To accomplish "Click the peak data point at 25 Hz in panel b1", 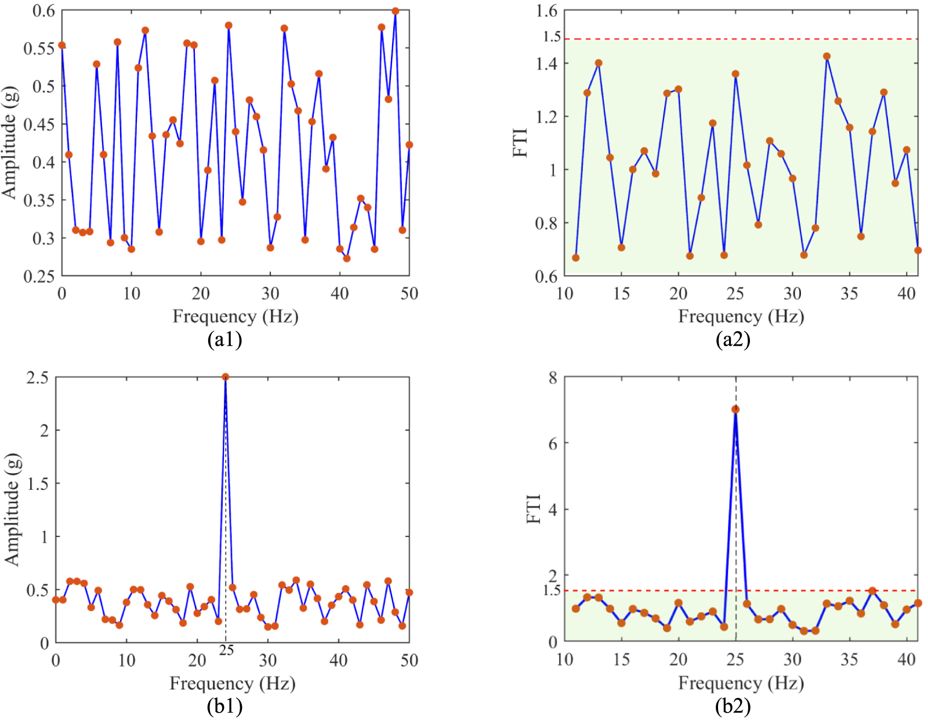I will (226, 377).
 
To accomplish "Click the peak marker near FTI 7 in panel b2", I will (735, 409).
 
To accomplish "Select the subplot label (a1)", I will (224, 339).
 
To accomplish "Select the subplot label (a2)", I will (733, 339).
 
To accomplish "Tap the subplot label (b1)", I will (224, 706).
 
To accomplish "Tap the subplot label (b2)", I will (733, 706).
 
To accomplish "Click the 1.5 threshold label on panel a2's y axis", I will (552, 37).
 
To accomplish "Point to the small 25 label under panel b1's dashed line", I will (226, 651).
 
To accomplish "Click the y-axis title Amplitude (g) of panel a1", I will (10, 143).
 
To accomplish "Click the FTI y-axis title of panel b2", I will (534, 508).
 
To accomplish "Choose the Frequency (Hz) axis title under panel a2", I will (741, 317).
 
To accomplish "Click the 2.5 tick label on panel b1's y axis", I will (38, 378).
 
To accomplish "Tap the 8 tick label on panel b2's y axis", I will (553, 378).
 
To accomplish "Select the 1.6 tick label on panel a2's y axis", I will (546, 11).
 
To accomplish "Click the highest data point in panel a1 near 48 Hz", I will (396, 11).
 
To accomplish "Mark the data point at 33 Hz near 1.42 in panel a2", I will (826, 56).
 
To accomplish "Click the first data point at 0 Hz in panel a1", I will (62, 45).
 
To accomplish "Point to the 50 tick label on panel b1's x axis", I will (409, 660).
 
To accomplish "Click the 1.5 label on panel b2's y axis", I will (552, 590).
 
